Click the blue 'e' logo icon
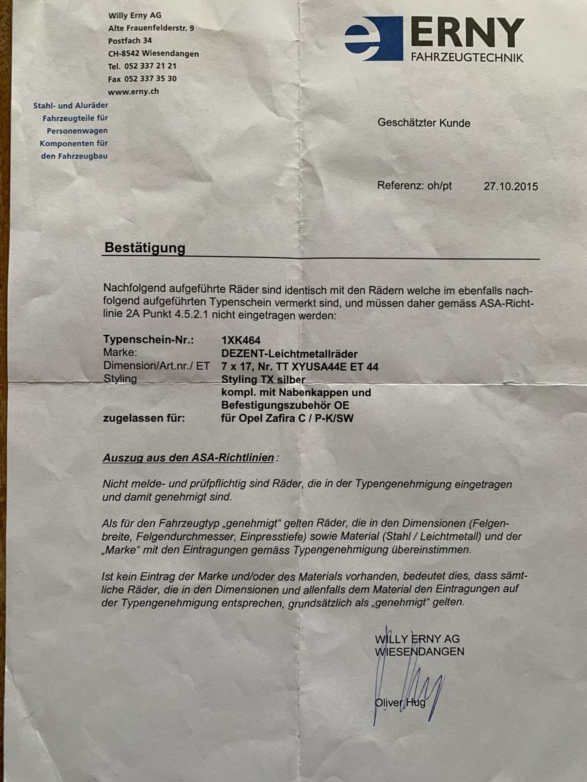pyautogui.click(x=373, y=38)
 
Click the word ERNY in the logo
pyautogui.click(x=467, y=33)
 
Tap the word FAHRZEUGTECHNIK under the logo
pyautogui.click(x=466, y=58)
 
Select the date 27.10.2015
pyautogui.click(x=511, y=186)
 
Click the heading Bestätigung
pyautogui.click(x=144, y=248)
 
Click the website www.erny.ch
pyautogui.click(x=134, y=91)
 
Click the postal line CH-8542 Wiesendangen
pyautogui.click(x=153, y=53)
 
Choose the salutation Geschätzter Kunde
pyautogui.click(x=423, y=123)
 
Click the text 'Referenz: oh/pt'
pyautogui.click(x=414, y=186)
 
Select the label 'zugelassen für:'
pyautogui.click(x=143, y=418)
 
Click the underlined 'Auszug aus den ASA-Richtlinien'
pyautogui.click(x=188, y=457)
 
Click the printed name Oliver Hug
pyautogui.click(x=400, y=702)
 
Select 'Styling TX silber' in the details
pyautogui.click(x=263, y=379)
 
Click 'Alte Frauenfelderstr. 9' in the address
pyautogui.click(x=151, y=28)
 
